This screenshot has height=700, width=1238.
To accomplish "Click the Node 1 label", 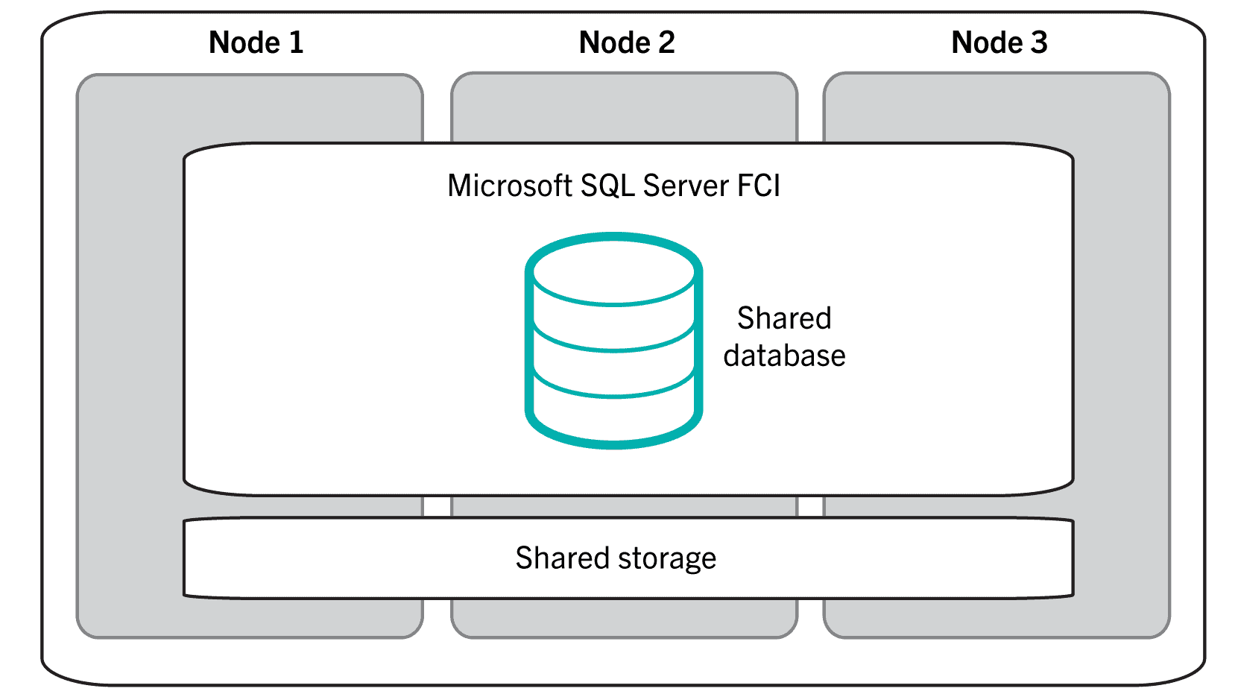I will click(x=256, y=42).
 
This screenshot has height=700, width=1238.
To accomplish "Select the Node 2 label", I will click(x=626, y=42).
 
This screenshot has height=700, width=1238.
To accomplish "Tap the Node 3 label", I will click(x=999, y=42).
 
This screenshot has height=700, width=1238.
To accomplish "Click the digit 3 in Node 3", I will click(x=1038, y=42).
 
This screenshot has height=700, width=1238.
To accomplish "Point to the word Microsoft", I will click(x=509, y=186).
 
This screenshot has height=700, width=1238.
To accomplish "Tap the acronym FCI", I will click(x=759, y=186).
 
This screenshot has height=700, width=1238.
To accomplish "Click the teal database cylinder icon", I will click(x=613, y=340).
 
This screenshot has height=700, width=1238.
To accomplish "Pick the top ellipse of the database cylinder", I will click(x=613, y=270).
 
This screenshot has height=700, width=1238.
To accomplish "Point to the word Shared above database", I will click(x=784, y=318).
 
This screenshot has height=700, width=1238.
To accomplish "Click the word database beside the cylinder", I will click(x=784, y=356).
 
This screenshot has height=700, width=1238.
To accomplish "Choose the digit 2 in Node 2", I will click(x=666, y=42).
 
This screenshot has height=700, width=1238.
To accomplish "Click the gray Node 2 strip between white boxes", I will click(x=625, y=506).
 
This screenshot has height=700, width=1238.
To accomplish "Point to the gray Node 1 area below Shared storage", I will click(x=250, y=617).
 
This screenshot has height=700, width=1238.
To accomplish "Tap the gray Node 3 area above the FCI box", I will click(x=997, y=108).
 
